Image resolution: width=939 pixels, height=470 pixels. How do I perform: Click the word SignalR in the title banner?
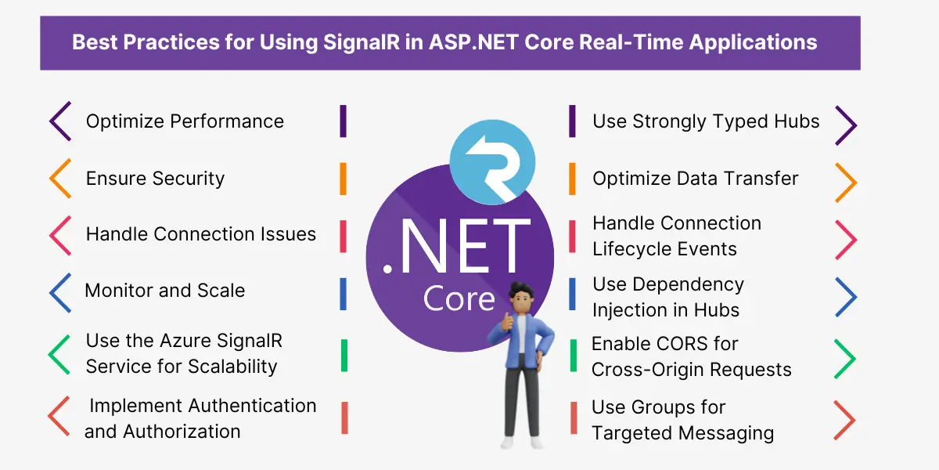362,42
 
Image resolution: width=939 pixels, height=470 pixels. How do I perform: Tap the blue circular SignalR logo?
492,162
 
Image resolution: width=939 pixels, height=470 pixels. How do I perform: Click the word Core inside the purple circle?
459,298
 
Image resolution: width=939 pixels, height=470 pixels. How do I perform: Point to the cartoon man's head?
521,298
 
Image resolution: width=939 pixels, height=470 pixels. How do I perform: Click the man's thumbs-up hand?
507,322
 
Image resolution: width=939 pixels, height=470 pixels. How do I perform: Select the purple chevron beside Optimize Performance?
60,121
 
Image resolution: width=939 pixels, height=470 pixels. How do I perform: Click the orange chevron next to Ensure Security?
60,179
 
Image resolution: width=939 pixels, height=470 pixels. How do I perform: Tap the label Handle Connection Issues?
201,234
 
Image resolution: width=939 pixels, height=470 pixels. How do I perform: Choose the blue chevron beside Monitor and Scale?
60,293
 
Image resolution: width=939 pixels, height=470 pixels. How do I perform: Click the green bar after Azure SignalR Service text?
344,356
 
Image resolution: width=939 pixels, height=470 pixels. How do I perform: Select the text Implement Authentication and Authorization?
200,418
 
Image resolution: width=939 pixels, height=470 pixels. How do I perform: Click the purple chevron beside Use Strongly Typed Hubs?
847,125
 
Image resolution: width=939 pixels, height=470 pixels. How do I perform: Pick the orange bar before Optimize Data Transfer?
572,179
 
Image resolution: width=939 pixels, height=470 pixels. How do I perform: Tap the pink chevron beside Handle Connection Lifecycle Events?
847,240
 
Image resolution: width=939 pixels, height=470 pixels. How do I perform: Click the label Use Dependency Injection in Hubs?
668,297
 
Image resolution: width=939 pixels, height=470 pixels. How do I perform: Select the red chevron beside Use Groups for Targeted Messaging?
844,420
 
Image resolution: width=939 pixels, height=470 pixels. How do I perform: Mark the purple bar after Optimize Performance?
344,121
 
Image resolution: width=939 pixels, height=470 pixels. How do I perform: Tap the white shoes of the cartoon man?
523,443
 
